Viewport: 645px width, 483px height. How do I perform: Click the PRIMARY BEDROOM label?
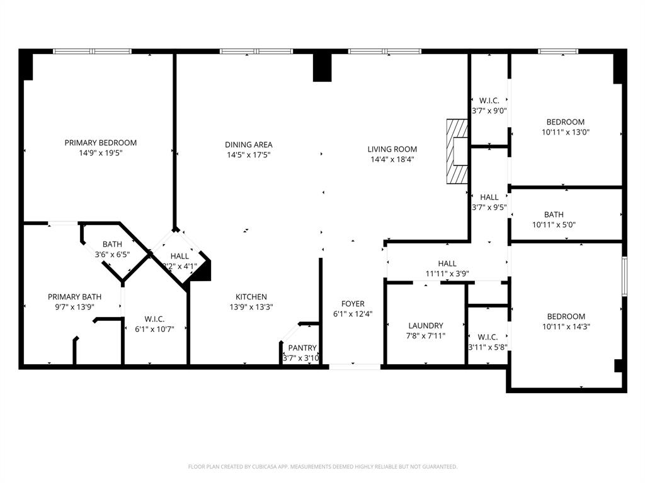(100, 143)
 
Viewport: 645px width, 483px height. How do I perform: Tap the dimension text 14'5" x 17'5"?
(249, 155)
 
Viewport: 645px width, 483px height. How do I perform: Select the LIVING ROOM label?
(392, 149)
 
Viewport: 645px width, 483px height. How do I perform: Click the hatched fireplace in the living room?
(457, 151)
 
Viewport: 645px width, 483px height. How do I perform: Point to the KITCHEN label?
(251, 297)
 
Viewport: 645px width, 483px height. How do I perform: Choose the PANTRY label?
(302, 348)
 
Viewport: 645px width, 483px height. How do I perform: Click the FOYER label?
(353, 304)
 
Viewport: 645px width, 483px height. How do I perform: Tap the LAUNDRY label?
(426, 326)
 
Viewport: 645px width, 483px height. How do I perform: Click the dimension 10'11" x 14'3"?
(566, 326)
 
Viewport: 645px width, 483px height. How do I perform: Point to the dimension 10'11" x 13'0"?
(566, 132)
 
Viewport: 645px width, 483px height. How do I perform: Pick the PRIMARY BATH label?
(74, 297)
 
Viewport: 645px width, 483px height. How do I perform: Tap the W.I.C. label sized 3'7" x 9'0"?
(489, 101)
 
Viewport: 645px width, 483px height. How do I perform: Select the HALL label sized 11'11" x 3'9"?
(447, 264)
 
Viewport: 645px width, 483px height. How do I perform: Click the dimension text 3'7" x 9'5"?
(489, 207)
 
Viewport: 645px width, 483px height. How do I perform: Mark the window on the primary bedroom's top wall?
(92, 52)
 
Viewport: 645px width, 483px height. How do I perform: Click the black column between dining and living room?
(322, 67)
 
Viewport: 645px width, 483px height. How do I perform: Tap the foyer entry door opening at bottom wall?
(355, 365)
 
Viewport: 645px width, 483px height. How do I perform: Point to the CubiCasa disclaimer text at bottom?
(322, 467)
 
